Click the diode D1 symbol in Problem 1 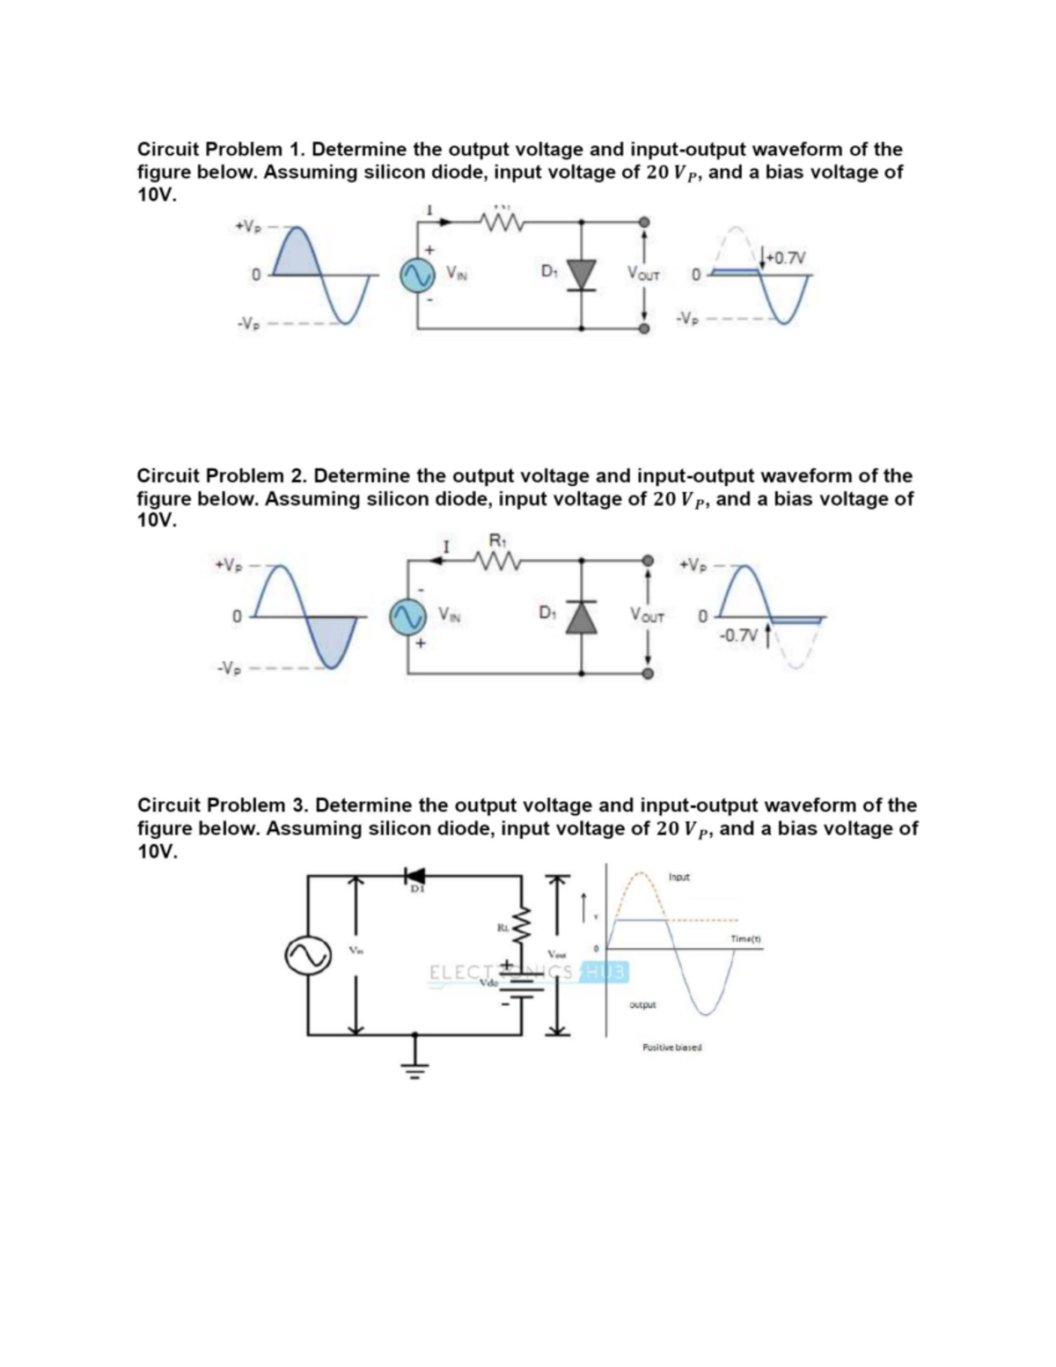point(581,275)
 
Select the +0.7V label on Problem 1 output point(781,257)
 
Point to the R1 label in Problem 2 point(493,540)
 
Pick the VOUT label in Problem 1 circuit point(644,276)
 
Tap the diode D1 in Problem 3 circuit point(413,876)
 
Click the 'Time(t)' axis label point(745,938)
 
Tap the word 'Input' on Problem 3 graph point(679,878)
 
